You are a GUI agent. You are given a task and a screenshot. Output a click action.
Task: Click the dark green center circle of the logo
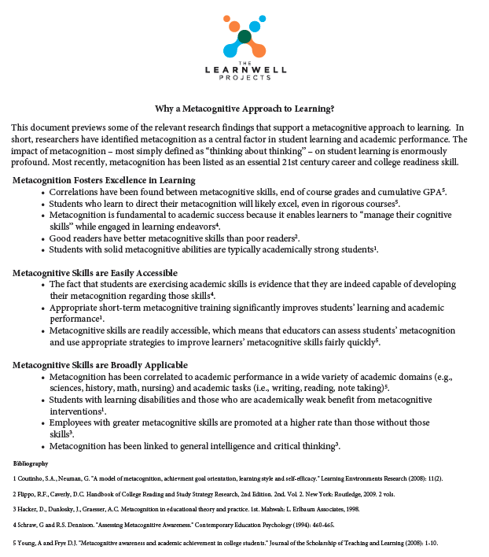[x=244, y=37]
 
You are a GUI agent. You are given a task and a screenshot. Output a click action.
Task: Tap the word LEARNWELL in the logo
[x=244, y=70]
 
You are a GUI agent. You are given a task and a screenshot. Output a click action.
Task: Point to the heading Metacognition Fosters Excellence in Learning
[x=104, y=180]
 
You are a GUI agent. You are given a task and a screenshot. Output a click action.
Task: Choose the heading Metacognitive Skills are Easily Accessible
[x=95, y=273]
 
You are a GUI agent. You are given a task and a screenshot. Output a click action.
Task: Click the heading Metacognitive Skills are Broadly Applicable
[x=100, y=365]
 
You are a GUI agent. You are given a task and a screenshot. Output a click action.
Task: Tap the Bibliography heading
[x=31, y=463]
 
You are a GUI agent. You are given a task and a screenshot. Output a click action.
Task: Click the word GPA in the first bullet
[x=431, y=191]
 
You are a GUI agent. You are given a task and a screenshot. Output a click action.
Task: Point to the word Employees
[x=74, y=422]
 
